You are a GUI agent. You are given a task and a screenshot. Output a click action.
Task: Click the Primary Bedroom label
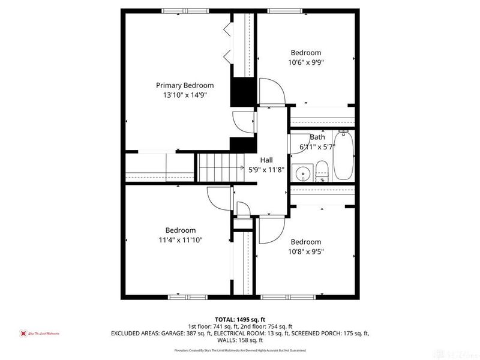(185, 85)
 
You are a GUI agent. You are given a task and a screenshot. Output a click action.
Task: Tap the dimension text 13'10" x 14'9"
(185, 95)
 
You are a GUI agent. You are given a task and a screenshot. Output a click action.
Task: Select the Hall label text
(266, 160)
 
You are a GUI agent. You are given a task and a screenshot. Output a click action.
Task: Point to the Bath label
(317, 137)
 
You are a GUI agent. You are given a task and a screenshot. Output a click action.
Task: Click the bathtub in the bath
(343, 155)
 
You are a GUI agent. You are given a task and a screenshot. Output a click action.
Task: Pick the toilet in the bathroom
(322, 171)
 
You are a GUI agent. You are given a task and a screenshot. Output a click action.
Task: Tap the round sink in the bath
(303, 175)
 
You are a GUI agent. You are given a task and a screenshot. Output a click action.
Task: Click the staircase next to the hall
(221, 166)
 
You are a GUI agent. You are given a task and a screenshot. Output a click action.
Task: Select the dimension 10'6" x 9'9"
(306, 62)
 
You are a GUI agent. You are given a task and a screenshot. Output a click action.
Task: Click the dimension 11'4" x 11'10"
(181, 240)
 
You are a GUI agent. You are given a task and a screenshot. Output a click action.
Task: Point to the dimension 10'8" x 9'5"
(306, 252)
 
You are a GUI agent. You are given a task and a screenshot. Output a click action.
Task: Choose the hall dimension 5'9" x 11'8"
(266, 169)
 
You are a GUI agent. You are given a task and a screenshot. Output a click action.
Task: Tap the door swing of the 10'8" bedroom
(272, 230)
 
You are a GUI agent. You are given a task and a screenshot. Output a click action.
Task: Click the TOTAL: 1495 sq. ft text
(239, 319)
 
